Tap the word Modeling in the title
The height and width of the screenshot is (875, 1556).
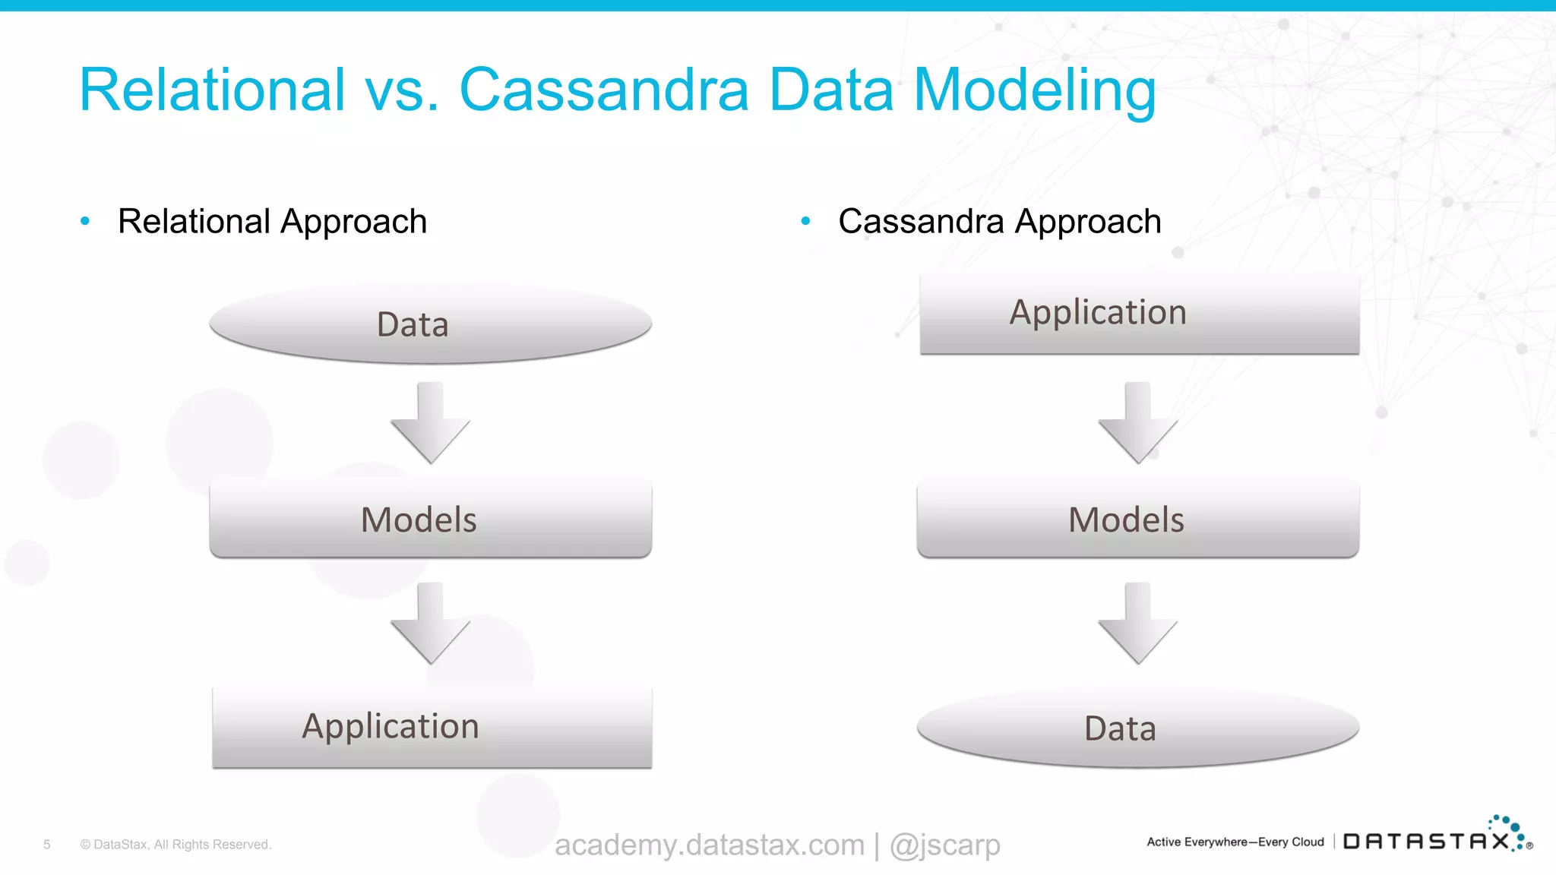(x=1034, y=91)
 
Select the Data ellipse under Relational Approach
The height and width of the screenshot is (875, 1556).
(x=430, y=324)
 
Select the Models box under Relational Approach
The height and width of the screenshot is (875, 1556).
(x=430, y=520)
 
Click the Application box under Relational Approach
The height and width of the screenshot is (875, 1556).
(x=432, y=727)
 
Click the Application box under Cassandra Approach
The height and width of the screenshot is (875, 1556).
(x=1139, y=313)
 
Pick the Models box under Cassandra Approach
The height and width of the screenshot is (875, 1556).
(x=1137, y=520)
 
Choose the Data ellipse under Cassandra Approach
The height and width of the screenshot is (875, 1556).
(x=1137, y=728)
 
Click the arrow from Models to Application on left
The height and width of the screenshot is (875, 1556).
(x=430, y=624)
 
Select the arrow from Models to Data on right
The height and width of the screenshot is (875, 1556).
(x=1137, y=624)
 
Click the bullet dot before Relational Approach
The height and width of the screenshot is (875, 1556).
(x=85, y=221)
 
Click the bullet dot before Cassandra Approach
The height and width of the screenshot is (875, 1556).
(x=805, y=221)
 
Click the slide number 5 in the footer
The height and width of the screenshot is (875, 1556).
(x=47, y=845)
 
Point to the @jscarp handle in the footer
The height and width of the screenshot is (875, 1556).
(x=944, y=845)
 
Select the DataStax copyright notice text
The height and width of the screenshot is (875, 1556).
(x=176, y=845)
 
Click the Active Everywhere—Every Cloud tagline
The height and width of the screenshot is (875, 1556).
(x=1235, y=842)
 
